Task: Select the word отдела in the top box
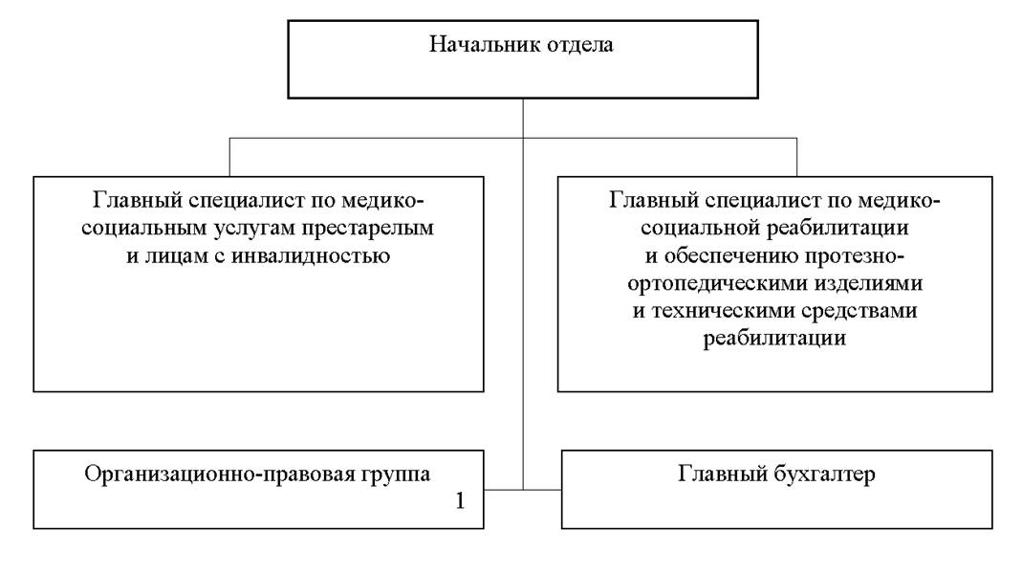[571, 45]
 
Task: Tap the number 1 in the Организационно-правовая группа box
[460, 500]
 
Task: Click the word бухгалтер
[824, 474]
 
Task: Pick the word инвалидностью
[311, 255]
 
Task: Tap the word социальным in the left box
[143, 229]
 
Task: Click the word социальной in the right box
[700, 229]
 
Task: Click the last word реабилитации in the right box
[774, 339]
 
